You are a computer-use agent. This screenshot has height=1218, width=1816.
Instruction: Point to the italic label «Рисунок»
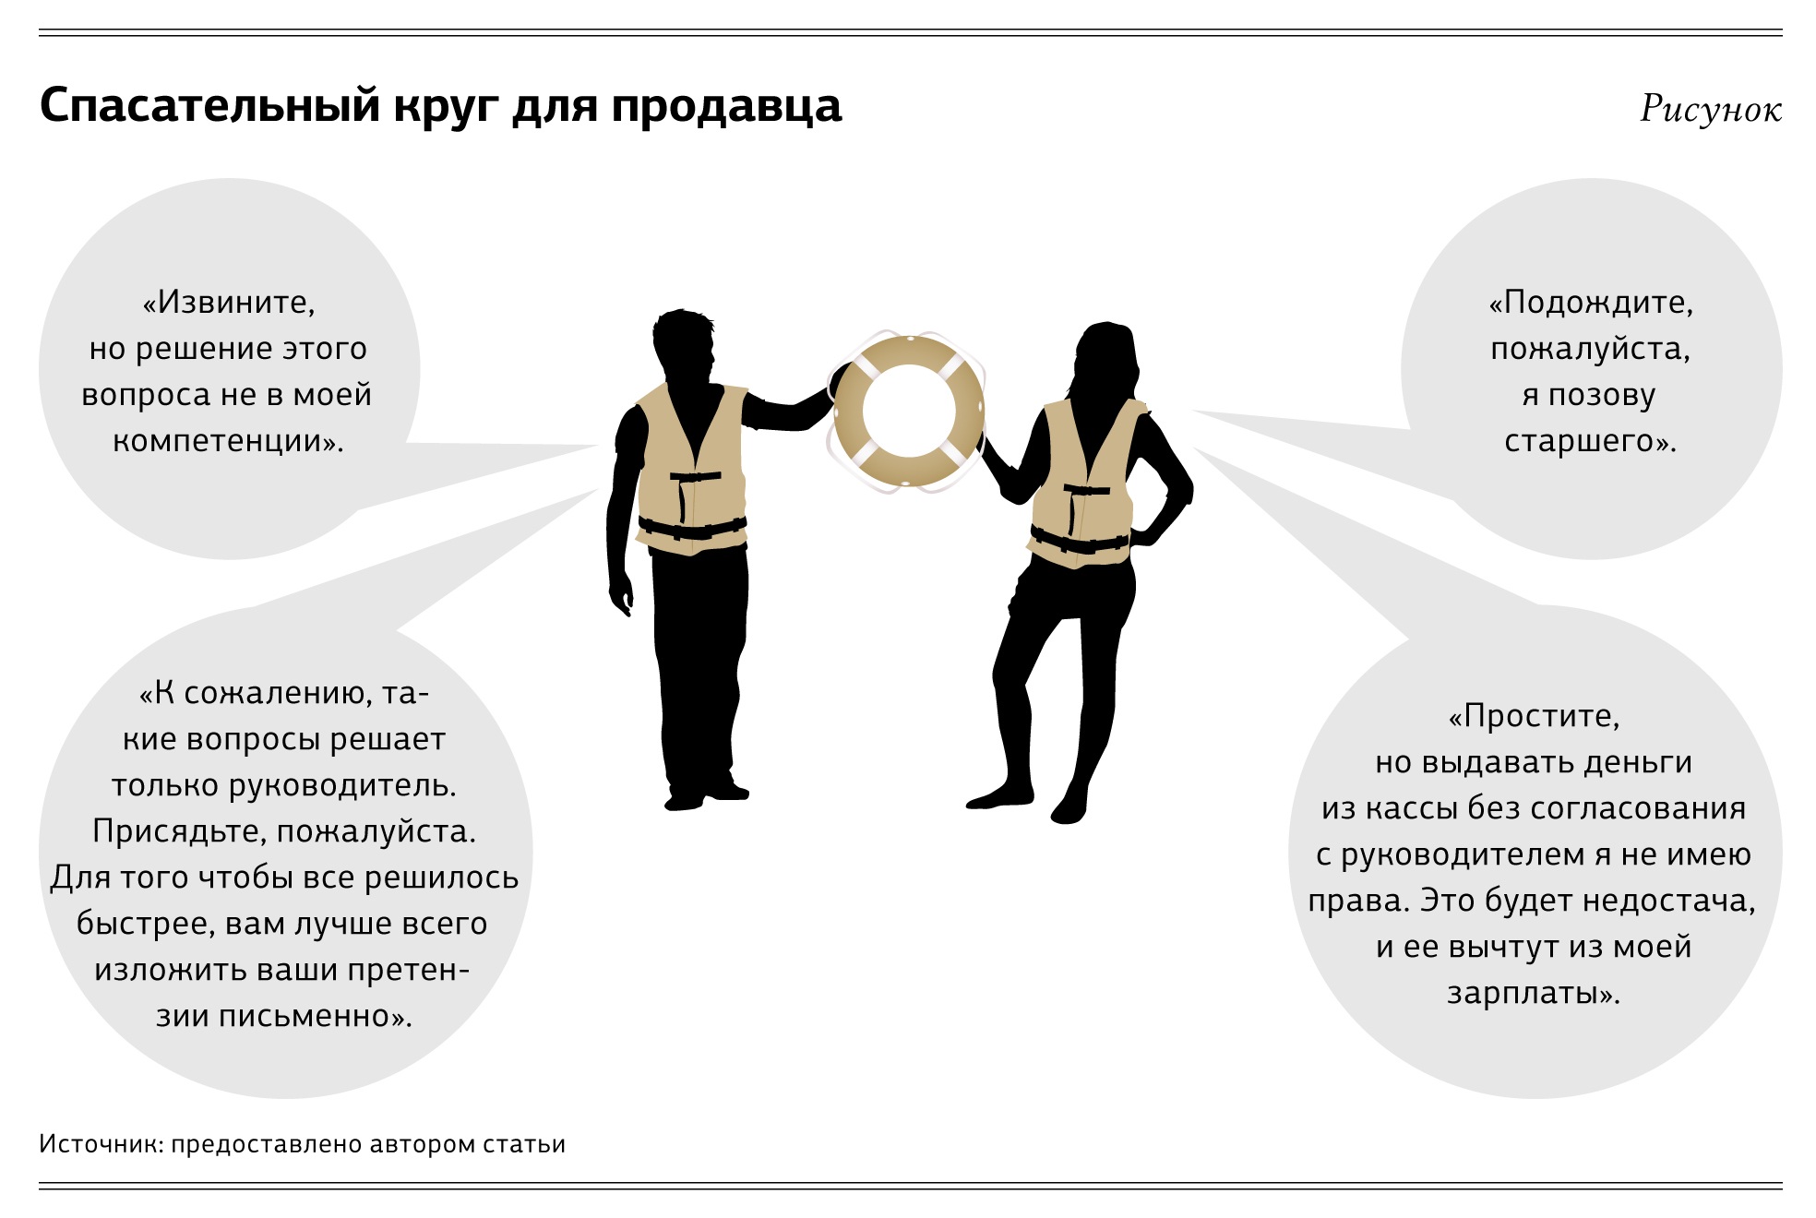point(1711,110)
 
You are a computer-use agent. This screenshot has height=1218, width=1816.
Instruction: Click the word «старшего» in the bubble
point(1579,441)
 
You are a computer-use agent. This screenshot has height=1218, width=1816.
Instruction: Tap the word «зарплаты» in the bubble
point(1523,993)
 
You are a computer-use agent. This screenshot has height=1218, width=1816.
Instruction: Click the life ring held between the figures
point(908,412)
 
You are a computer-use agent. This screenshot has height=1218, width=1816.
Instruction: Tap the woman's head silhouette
point(1105,360)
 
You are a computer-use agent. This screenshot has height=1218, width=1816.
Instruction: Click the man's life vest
point(692,470)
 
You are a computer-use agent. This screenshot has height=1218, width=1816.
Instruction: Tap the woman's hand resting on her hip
point(1144,537)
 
